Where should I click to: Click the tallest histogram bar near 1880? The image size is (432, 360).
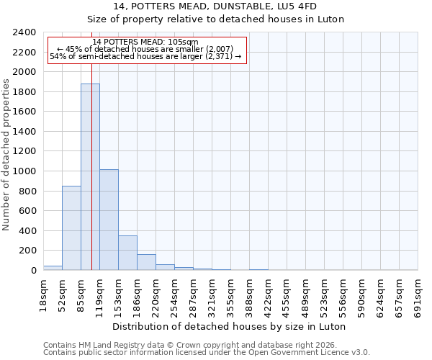(x=90, y=176)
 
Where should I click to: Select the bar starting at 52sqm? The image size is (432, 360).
(x=71, y=228)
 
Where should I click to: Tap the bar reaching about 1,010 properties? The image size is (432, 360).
(x=109, y=220)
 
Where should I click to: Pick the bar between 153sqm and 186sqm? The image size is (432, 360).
(x=127, y=253)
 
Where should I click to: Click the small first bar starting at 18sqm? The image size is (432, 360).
(x=53, y=268)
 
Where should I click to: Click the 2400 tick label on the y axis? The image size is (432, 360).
(x=24, y=32)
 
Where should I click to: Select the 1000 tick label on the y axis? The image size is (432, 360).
(x=24, y=171)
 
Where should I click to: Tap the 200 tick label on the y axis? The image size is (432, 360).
(x=27, y=251)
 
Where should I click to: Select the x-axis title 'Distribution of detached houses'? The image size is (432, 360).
(x=230, y=326)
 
